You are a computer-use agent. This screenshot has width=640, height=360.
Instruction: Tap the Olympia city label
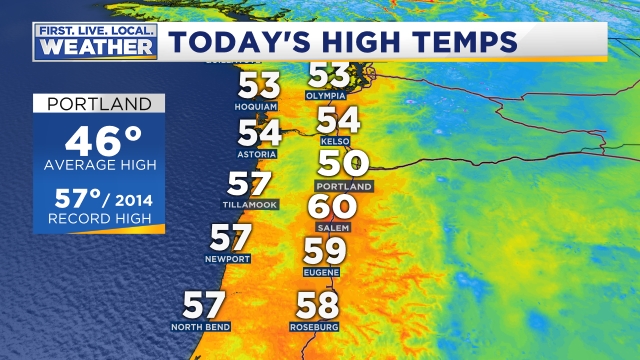[328, 94]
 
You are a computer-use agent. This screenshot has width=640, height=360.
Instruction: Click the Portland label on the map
[343, 187]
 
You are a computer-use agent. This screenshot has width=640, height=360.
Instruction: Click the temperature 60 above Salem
[332, 207]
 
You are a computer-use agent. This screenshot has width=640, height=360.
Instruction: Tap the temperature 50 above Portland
[343, 164]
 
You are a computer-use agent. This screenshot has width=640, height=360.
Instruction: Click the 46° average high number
[98, 140]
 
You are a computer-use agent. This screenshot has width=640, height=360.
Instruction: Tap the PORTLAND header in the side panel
[98, 104]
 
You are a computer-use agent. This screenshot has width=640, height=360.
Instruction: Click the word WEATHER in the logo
[96, 48]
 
